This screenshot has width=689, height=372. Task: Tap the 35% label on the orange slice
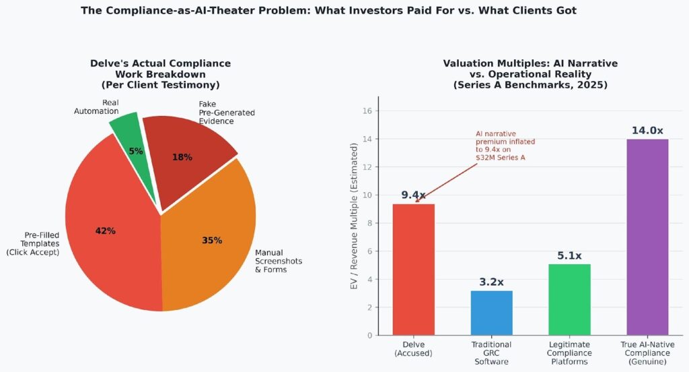[212, 241]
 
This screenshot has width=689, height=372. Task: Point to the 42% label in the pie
[106, 231]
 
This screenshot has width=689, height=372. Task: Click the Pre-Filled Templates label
[33, 243]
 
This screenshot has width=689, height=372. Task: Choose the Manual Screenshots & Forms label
[279, 261]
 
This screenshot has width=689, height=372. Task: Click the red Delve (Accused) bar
[414, 270]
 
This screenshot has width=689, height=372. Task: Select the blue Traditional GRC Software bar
[491, 313]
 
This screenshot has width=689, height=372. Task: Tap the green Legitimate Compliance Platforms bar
[569, 299]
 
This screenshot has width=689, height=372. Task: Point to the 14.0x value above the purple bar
[647, 130]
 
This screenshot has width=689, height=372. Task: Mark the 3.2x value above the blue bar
[491, 282]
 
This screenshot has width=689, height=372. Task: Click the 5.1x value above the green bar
[569, 255]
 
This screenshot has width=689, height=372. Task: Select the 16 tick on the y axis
[367, 111]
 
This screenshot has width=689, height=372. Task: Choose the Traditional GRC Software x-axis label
[491, 353]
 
